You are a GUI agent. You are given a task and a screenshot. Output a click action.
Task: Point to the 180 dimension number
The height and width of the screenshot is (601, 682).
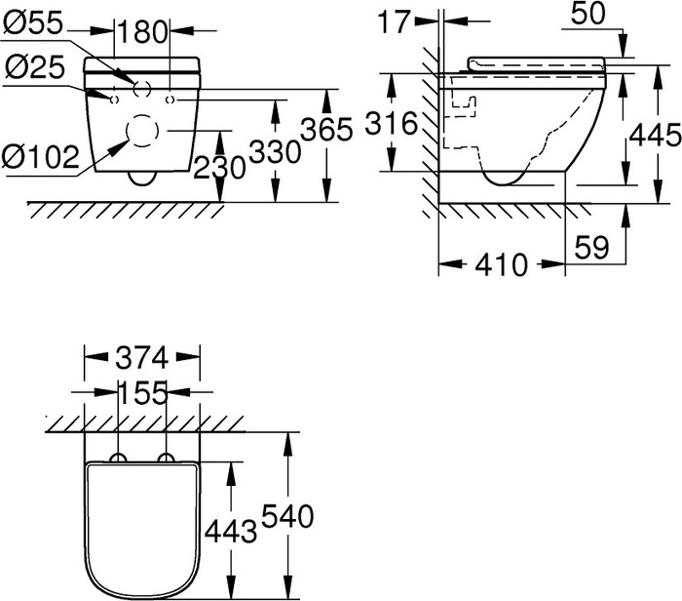click(144, 30)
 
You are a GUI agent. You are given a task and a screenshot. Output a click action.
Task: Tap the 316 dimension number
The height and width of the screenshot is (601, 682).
click(393, 124)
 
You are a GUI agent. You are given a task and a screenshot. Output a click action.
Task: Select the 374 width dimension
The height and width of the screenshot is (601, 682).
click(141, 356)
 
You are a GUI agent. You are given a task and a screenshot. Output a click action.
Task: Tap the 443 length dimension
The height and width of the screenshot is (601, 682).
click(232, 531)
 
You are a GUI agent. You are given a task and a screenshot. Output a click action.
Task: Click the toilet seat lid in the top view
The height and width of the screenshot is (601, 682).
click(141, 527)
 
